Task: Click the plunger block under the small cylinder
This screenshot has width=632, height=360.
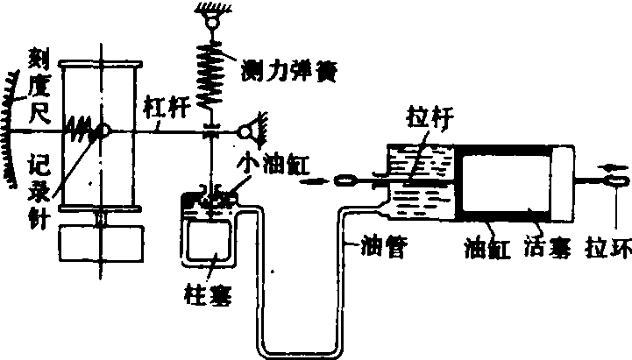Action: click(x=209, y=235)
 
